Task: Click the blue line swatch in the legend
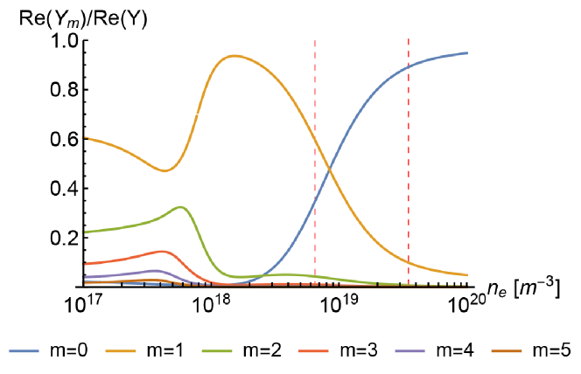click(x=24, y=351)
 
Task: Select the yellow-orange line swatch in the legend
click(x=121, y=351)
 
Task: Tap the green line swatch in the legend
click(x=217, y=351)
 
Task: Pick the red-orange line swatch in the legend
click(x=313, y=351)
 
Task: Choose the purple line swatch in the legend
click(x=409, y=351)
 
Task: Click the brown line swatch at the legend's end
click(x=507, y=351)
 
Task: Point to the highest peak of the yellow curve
click(x=234, y=56)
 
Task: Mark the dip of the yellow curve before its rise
click(x=164, y=171)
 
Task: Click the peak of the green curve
click(x=180, y=207)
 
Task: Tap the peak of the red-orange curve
click(x=164, y=251)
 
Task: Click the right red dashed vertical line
click(x=408, y=131)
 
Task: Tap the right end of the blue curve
click(x=467, y=53)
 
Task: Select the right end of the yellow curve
click(x=467, y=275)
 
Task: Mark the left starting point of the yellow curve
click(x=84, y=137)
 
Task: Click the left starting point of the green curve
click(x=84, y=232)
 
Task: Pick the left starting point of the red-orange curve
click(x=84, y=264)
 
